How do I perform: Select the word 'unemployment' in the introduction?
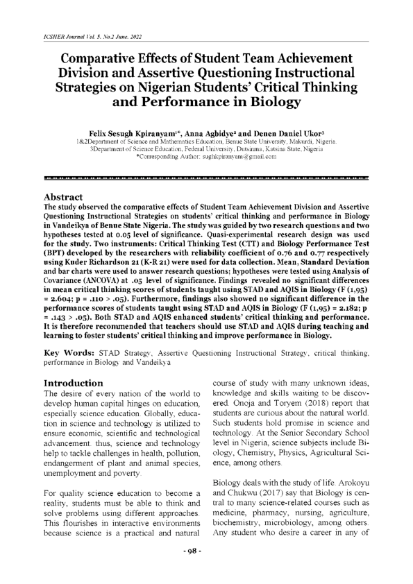click(74, 452)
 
